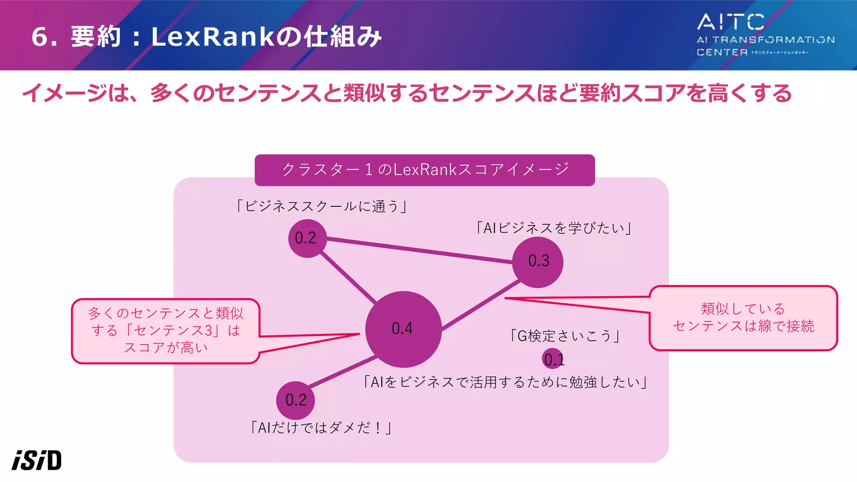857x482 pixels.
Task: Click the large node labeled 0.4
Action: pyautogui.click(x=403, y=329)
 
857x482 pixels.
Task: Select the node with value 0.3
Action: pyautogui.click(x=538, y=262)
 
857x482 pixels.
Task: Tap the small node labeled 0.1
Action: pyautogui.click(x=553, y=359)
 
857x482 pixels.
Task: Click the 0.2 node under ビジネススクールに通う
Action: pyautogui.click(x=307, y=238)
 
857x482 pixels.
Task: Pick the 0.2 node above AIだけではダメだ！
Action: pyautogui.click(x=295, y=400)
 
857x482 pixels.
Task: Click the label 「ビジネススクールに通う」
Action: pyautogui.click(x=321, y=206)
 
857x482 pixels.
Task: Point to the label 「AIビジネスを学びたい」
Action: pyautogui.click(x=554, y=228)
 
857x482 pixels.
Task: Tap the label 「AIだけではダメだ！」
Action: pyautogui.click(x=321, y=428)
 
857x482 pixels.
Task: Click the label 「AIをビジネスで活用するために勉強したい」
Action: pyautogui.click(x=505, y=382)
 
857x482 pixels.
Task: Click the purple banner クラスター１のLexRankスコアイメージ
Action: pyautogui.click(x=424, y=170)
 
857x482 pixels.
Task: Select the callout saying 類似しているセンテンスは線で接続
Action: pyautogui.click(x=743, y=318)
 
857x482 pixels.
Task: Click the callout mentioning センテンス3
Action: pyautogui.click(x=166, y=331)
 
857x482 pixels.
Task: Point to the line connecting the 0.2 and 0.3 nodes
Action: pyautogui.click(x=418, y=250)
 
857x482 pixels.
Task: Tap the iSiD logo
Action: pyautogui.click(x=37, y=460)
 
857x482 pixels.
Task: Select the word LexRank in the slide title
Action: pyautogui.click(x=213, y=37)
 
